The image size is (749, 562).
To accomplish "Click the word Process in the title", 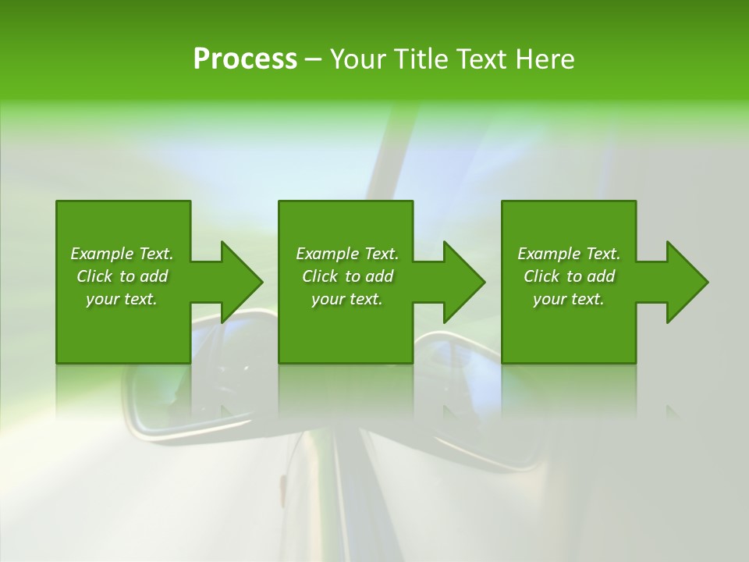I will click(245, 59).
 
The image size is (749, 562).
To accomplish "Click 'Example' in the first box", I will click(102, 254).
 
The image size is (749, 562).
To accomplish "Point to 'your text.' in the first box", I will click(122, 299).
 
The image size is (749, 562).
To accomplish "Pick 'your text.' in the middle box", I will click(346, 299).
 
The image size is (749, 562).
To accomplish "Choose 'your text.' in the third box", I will click(568, 299).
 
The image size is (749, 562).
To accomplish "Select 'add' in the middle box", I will click(379, 276).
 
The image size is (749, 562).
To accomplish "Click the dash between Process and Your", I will click(313, 59).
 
